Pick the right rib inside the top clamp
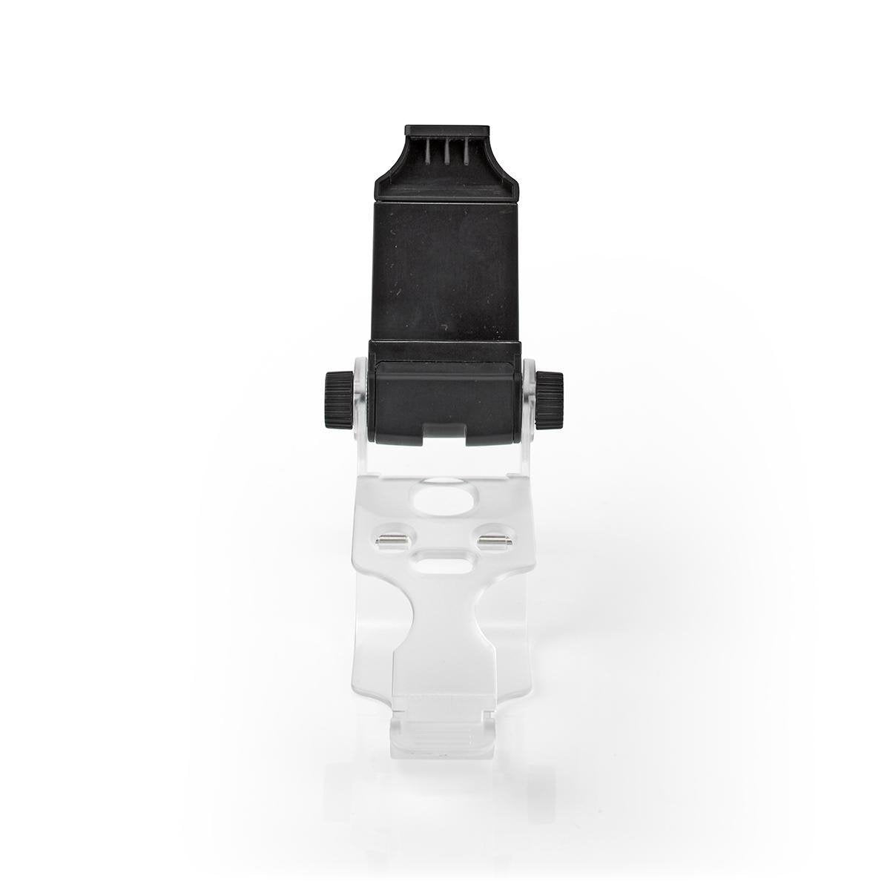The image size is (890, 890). pyautogui.click(x=465, y=153)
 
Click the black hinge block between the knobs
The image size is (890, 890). pyautogui.click(x=445, y=393)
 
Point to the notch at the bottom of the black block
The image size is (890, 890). pyautogui.click(x=446, y=435)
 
